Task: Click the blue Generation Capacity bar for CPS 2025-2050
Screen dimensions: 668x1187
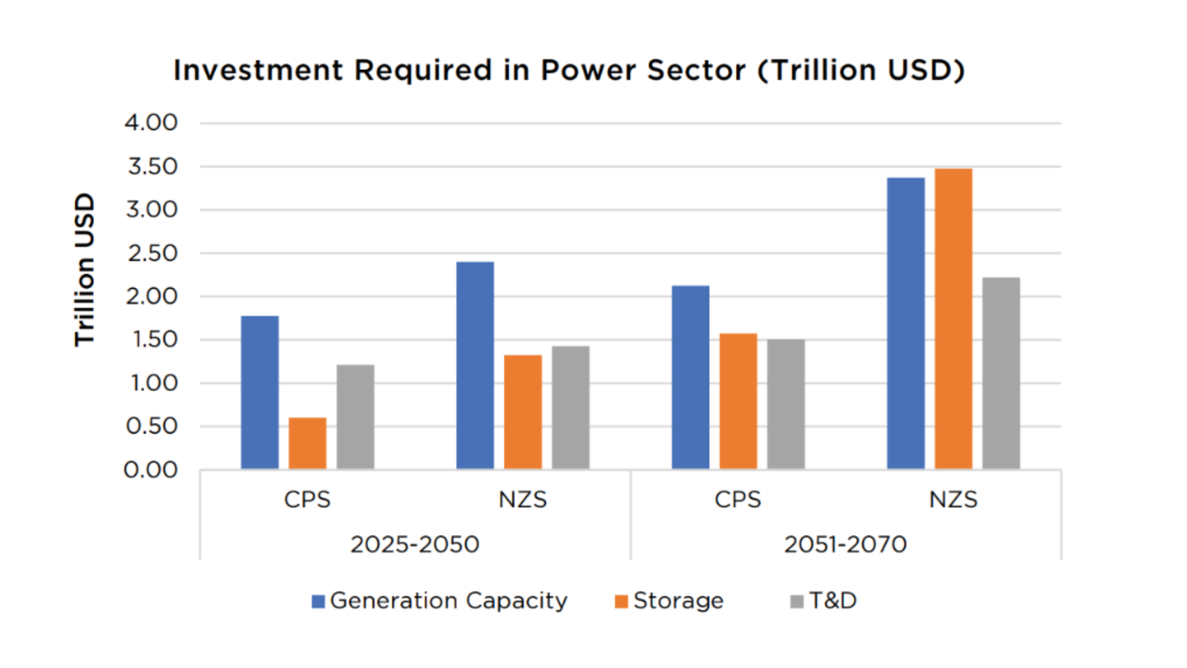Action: (x=260, y=393)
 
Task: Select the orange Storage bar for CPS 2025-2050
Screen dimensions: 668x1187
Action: (x=307, y=443)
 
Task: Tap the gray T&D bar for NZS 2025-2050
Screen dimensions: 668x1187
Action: (x=571, y=407)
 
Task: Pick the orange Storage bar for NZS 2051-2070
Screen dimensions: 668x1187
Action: (x=953, y=319)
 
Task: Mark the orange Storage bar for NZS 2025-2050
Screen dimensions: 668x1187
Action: (x=523, y=412)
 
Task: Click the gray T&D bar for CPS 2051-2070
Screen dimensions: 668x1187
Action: (x=786, y=404)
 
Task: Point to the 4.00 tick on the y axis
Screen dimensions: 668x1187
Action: (x=151, y=122)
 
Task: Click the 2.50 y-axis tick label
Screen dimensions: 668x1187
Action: (x=151, y=253)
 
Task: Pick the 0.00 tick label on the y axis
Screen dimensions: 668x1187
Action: (x=151, y=470)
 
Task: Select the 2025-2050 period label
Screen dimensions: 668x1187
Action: (x=415, y=544)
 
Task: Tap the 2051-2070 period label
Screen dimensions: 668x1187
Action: (x=845, y=544)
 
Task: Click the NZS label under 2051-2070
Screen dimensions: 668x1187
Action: (x=953, y=500)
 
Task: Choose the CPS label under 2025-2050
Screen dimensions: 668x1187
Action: (x=307, y=500)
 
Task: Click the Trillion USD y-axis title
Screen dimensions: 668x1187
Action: (x=85, y=269)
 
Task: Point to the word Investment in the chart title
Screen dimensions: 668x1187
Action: (x=258, y=71)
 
